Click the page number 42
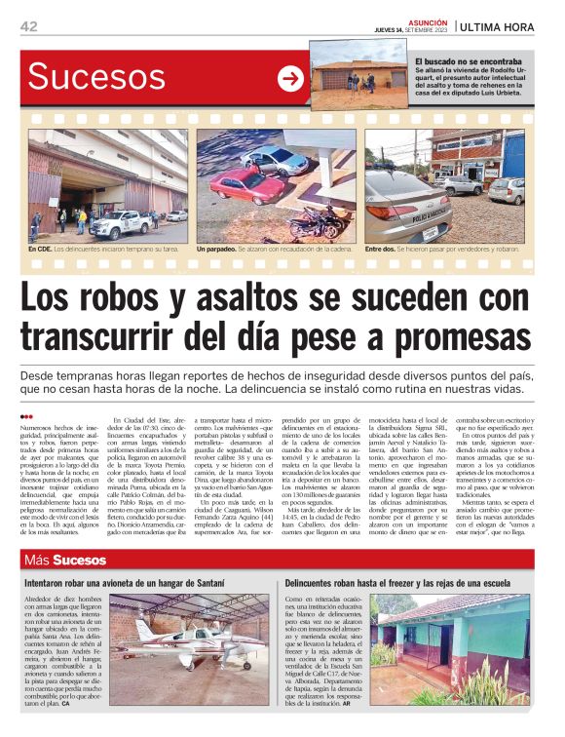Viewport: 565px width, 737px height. pyautogui.click(x=28, y=26)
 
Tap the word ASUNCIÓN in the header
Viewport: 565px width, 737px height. pyautogui.click(x=428, y=21)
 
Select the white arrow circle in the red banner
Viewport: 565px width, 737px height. pyautogui.click(x=290, y=80)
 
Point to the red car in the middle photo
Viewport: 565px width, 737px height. pyautogui.click(x=246, y=183)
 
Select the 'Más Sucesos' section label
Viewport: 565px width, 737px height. pyautogui.click(x=66, y=560)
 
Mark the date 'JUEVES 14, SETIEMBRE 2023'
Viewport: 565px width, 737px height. pyautogui.click(x=415, y=30)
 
